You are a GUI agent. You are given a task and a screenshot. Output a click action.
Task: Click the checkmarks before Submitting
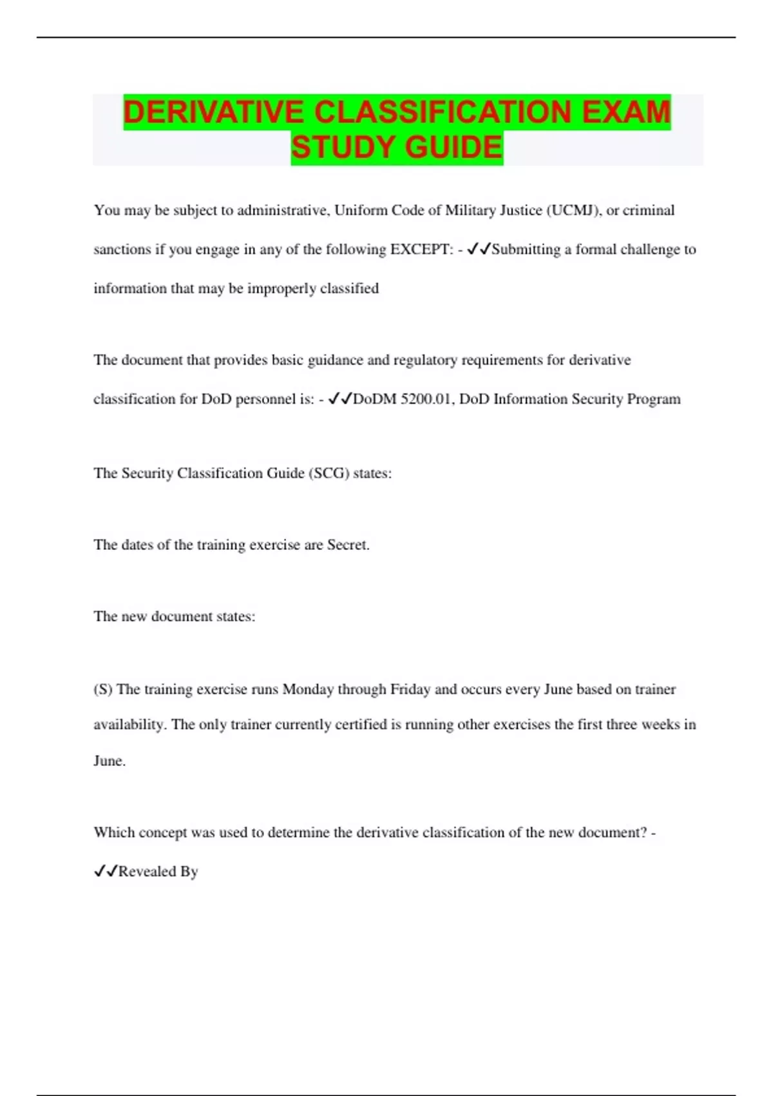479,249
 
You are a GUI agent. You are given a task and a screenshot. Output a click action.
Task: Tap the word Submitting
526,250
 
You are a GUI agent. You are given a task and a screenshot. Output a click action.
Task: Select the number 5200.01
426,399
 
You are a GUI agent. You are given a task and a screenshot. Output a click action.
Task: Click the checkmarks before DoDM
340,399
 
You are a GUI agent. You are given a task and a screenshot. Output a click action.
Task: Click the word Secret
348,545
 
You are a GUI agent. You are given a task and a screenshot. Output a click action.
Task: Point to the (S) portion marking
103,689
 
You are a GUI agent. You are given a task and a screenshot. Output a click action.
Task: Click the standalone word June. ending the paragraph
110,761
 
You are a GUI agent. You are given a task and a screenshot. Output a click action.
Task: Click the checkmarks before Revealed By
106,872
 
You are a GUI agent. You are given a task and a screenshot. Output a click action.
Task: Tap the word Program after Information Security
653,399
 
